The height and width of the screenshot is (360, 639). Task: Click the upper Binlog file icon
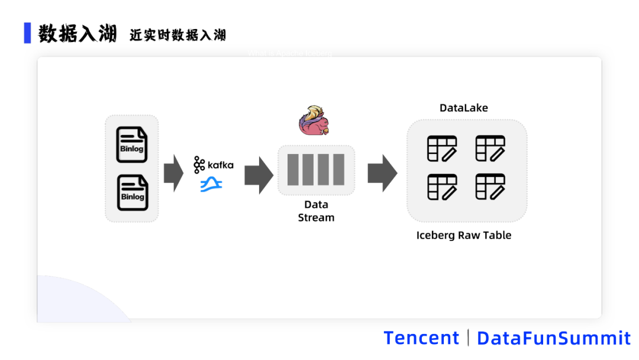pyautogui.click(x=132, y=144)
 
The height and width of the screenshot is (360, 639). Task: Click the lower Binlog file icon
pyautogui.click(x=132, y=192)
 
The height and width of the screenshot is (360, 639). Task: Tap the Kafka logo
pyautogui.click(x=213, y=165)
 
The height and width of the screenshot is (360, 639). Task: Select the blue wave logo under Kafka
pyautogui.click(x=211, y=185)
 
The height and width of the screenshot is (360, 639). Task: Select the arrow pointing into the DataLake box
pyautogui.click(x=382, y=173)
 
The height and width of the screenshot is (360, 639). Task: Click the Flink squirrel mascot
pyautogui.click(x=314, y=120)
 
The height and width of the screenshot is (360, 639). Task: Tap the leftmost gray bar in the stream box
pyautogui.click(x=293, y=170)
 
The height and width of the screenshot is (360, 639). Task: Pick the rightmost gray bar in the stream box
pyautogui.click(x=338, y=170)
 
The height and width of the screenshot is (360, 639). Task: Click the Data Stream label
pyautogui.click(x=316, y=211)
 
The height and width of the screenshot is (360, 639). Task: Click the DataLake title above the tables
pyautogui.click(x=463, y=108)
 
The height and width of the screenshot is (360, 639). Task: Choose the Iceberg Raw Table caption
pyautogui.click(x=463, y=235)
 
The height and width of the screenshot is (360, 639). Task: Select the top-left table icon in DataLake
pyautogui.click(x=442, y=149)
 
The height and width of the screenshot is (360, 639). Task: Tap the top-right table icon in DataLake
pyautogui.click(x=490, y=149)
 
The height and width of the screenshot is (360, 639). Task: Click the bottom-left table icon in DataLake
pyautogui.click(x=442, y=187)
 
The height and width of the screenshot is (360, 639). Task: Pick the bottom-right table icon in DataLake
pyautogui.click(x=490, y=187)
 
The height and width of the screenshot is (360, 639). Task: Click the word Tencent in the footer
pyautogui.click(x=421, y=338)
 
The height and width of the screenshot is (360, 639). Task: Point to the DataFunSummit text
pyautogui.click(x=554, y=338)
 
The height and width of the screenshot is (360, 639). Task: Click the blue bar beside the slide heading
pyautogui.click(x=27, y=33)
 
